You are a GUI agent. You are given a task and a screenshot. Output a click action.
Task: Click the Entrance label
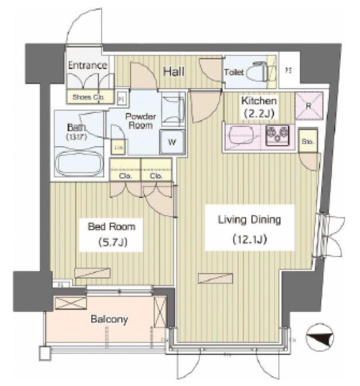pyautogui.click(x=87, y=65)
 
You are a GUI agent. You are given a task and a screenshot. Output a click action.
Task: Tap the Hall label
pyautogui.click(x=174, y=72)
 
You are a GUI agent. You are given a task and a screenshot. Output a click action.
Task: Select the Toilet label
pyautogui.click(x=234, y=72)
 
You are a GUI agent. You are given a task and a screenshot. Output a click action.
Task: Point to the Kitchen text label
pyautogui.click(x=259, y=101)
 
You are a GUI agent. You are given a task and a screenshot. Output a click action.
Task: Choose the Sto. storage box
pyautogui.click(x=307, y=142)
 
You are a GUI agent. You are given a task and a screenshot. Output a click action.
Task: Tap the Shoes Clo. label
pyautogui.click(x=89, y=96)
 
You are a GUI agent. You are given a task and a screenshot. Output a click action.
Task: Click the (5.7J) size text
pyautogui.click(x=112, y=243)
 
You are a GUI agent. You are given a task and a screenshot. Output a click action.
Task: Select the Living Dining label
pyautogui.click(x=249, y=220)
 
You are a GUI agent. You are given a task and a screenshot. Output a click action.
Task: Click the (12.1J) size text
pyautogui.click(x=250, y=239)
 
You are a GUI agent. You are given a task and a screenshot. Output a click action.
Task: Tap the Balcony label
pyautogui.click(x=109, y=319)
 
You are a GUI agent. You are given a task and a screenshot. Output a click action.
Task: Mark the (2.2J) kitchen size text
pyautogui.click(x=259, y=112)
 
